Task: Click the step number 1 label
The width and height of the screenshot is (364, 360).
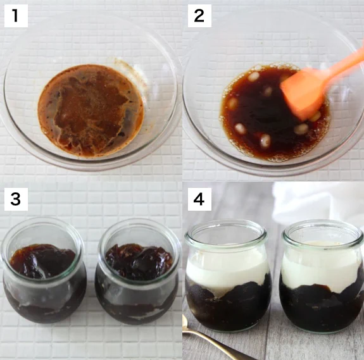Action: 16,16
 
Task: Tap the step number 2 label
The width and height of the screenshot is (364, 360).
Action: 199,16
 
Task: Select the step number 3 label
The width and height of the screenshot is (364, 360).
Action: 16,199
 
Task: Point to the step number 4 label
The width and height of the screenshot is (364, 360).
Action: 199,199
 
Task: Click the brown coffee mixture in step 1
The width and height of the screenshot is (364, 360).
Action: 91,110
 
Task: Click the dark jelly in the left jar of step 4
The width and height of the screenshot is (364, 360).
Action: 227,309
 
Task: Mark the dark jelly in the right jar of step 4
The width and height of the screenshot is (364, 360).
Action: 322,309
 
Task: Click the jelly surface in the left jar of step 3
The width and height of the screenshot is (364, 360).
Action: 43,260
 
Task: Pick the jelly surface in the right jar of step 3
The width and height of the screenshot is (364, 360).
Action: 139,261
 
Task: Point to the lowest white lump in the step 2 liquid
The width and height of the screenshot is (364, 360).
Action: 265,141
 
